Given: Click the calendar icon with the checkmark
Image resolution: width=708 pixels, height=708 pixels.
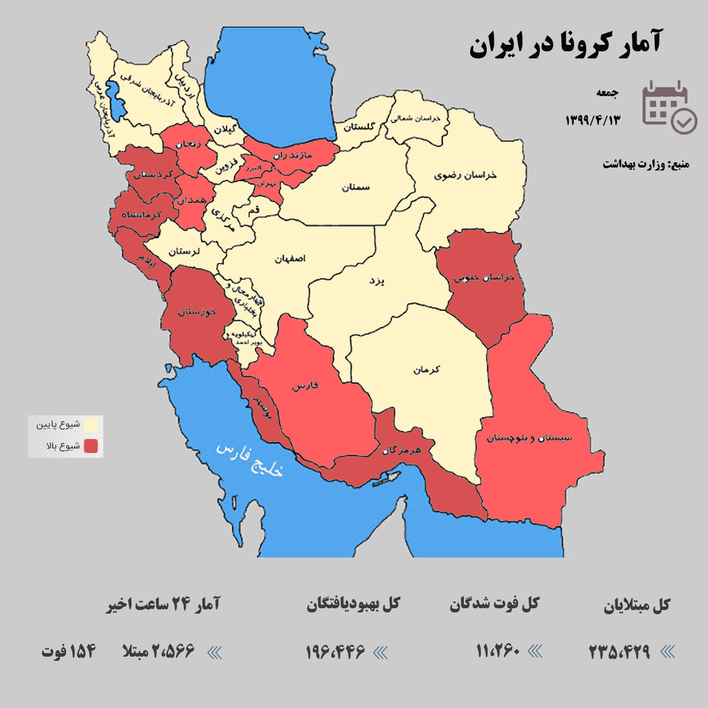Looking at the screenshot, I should pyautogui.click(x=668, y=107).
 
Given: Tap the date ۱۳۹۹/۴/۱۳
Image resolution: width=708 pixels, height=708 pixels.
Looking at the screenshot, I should pyautogui.click(x=593, y=120).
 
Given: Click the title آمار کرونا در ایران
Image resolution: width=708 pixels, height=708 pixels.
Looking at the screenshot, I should pyautogui.click(x=565, y=45).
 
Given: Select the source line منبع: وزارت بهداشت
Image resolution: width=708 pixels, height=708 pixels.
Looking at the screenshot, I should pyautogui.click(x=645, y=164).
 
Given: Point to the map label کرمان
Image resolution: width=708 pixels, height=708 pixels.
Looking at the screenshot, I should pyautogui.click(x=427, y=370).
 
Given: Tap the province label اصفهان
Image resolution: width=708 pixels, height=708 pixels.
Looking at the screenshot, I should pyautogui.click(x=290, y=258).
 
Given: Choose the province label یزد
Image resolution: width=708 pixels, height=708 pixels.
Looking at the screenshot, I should pyautogui.click(x=376, y=281).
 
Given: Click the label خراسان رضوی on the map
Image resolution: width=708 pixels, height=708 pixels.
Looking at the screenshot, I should pyautogui.click(x=466, y=175).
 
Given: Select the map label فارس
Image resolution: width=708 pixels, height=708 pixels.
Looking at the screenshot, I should pyautogui.click(x=305, y=386).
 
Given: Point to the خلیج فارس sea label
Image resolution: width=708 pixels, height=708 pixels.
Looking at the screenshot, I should pyautogui.click(x=250, y=459).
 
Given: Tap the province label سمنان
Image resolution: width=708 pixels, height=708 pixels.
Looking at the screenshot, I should pyautogui.click(x=356, y=187).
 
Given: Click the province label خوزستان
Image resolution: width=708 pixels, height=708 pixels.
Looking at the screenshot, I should pyautogui.click(x=197, y=312).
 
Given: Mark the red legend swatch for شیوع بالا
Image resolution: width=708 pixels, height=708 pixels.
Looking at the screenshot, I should pyautogui.click(x=90, y=446).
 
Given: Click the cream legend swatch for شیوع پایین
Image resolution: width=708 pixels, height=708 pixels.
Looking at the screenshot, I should pyautogui.click(x=90, y=425).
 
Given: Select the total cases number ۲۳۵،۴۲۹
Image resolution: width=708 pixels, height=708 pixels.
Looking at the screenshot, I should pyautogui.click(x=619, y=652).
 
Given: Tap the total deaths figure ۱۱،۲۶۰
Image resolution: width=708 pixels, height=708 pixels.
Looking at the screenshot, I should pyautogui.click(x=498, y=651).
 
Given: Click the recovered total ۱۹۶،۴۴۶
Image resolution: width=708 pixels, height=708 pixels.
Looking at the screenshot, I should pyautogui.click(x=335, y=652).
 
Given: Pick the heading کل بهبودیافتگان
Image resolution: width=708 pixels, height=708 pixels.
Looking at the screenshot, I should pyautogui.click(x=353, y=604).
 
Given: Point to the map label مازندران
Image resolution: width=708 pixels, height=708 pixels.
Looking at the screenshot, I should pyautogui.click(x=293, y=155).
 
